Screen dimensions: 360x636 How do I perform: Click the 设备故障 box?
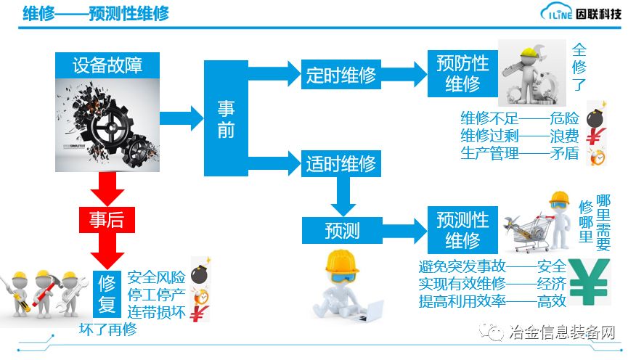[x=107, y=65]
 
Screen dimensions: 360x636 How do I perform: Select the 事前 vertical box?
[x=226, y=118]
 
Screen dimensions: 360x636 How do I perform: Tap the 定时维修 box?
[x=340, y=75]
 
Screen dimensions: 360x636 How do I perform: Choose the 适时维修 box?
[x=340, y=162]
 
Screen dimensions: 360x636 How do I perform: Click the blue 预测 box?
[x=341, y=230]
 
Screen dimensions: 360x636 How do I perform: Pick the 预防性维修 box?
[x=462, y=73]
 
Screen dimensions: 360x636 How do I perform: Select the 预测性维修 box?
[x=462, y=229]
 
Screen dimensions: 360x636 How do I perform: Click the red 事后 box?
[x=106, y=220]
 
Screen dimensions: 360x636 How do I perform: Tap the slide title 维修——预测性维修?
[x=96, y=14]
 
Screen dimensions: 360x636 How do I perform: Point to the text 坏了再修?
[x=107, y=330]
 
